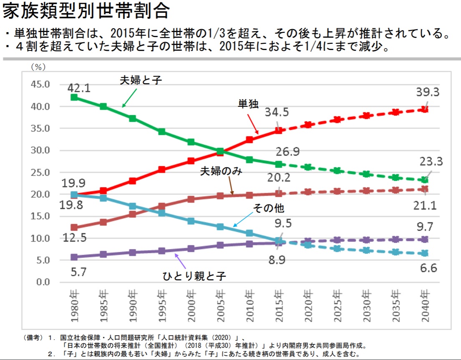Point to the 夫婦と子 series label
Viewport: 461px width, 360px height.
point(141,80)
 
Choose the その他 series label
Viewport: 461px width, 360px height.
point(269,208)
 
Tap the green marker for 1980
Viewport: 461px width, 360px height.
point(74,97)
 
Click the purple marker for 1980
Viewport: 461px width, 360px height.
point(74,257)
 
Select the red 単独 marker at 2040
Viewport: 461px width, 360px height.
point(425,109)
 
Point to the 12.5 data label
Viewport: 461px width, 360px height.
point(75,238)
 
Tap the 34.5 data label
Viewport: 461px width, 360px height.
point(276,112)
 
